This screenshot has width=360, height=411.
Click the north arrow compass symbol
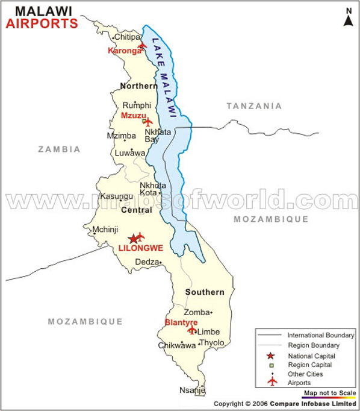(348, 17)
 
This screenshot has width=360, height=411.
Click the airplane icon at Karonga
(142, 45)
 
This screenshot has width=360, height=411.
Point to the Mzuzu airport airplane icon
(147, 122)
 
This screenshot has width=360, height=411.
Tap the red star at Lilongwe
(133, 239)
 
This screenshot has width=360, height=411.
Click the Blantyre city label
(181, 322)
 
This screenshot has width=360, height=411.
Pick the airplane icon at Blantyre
(191, 330)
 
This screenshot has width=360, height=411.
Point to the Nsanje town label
(192, 391)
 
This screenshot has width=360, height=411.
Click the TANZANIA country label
(253, 106)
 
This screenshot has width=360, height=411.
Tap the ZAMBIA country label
(58, 149)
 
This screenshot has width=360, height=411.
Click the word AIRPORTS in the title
(42, 24)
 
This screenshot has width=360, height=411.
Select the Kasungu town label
(116, 196)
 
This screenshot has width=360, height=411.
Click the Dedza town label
(146, 262)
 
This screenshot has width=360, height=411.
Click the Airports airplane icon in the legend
(272, 381)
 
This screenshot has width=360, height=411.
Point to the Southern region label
(205, 292)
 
